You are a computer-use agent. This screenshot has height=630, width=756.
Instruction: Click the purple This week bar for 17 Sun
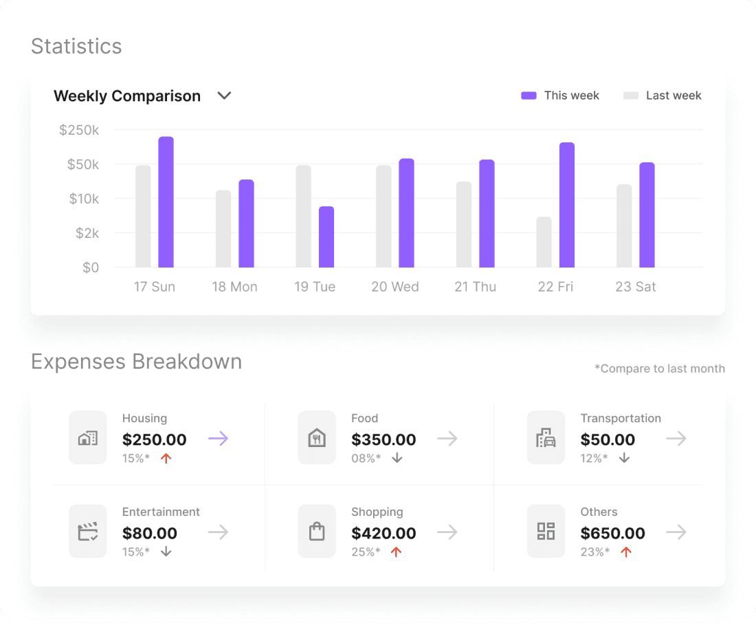166,202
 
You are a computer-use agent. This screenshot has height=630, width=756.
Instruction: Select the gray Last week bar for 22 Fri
544,242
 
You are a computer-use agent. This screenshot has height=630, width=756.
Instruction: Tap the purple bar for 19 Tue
326,237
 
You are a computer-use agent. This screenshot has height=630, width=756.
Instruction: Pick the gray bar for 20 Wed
383,216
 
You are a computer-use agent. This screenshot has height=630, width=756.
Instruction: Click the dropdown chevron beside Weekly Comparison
224,96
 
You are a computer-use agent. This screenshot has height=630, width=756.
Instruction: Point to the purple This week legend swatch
529,96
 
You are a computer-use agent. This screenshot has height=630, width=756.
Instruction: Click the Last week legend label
673,96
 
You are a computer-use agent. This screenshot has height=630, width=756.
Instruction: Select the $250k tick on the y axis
79,130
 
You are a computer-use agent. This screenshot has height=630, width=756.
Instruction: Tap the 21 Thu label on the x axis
475,287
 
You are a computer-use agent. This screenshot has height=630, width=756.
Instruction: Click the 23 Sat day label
635,287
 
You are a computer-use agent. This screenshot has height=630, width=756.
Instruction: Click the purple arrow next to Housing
218,439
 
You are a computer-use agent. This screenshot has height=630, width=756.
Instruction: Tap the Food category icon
317,437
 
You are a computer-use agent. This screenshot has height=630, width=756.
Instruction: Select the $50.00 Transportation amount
608,439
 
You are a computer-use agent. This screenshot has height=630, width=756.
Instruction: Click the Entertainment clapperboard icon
88,531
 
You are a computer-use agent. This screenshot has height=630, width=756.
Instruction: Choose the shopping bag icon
317,531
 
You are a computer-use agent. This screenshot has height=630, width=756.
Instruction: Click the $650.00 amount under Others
612,533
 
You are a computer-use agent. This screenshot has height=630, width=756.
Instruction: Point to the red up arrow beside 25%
396,552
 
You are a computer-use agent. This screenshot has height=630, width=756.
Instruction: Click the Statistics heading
76,46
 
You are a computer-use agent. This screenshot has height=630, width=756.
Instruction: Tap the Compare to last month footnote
659,369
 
